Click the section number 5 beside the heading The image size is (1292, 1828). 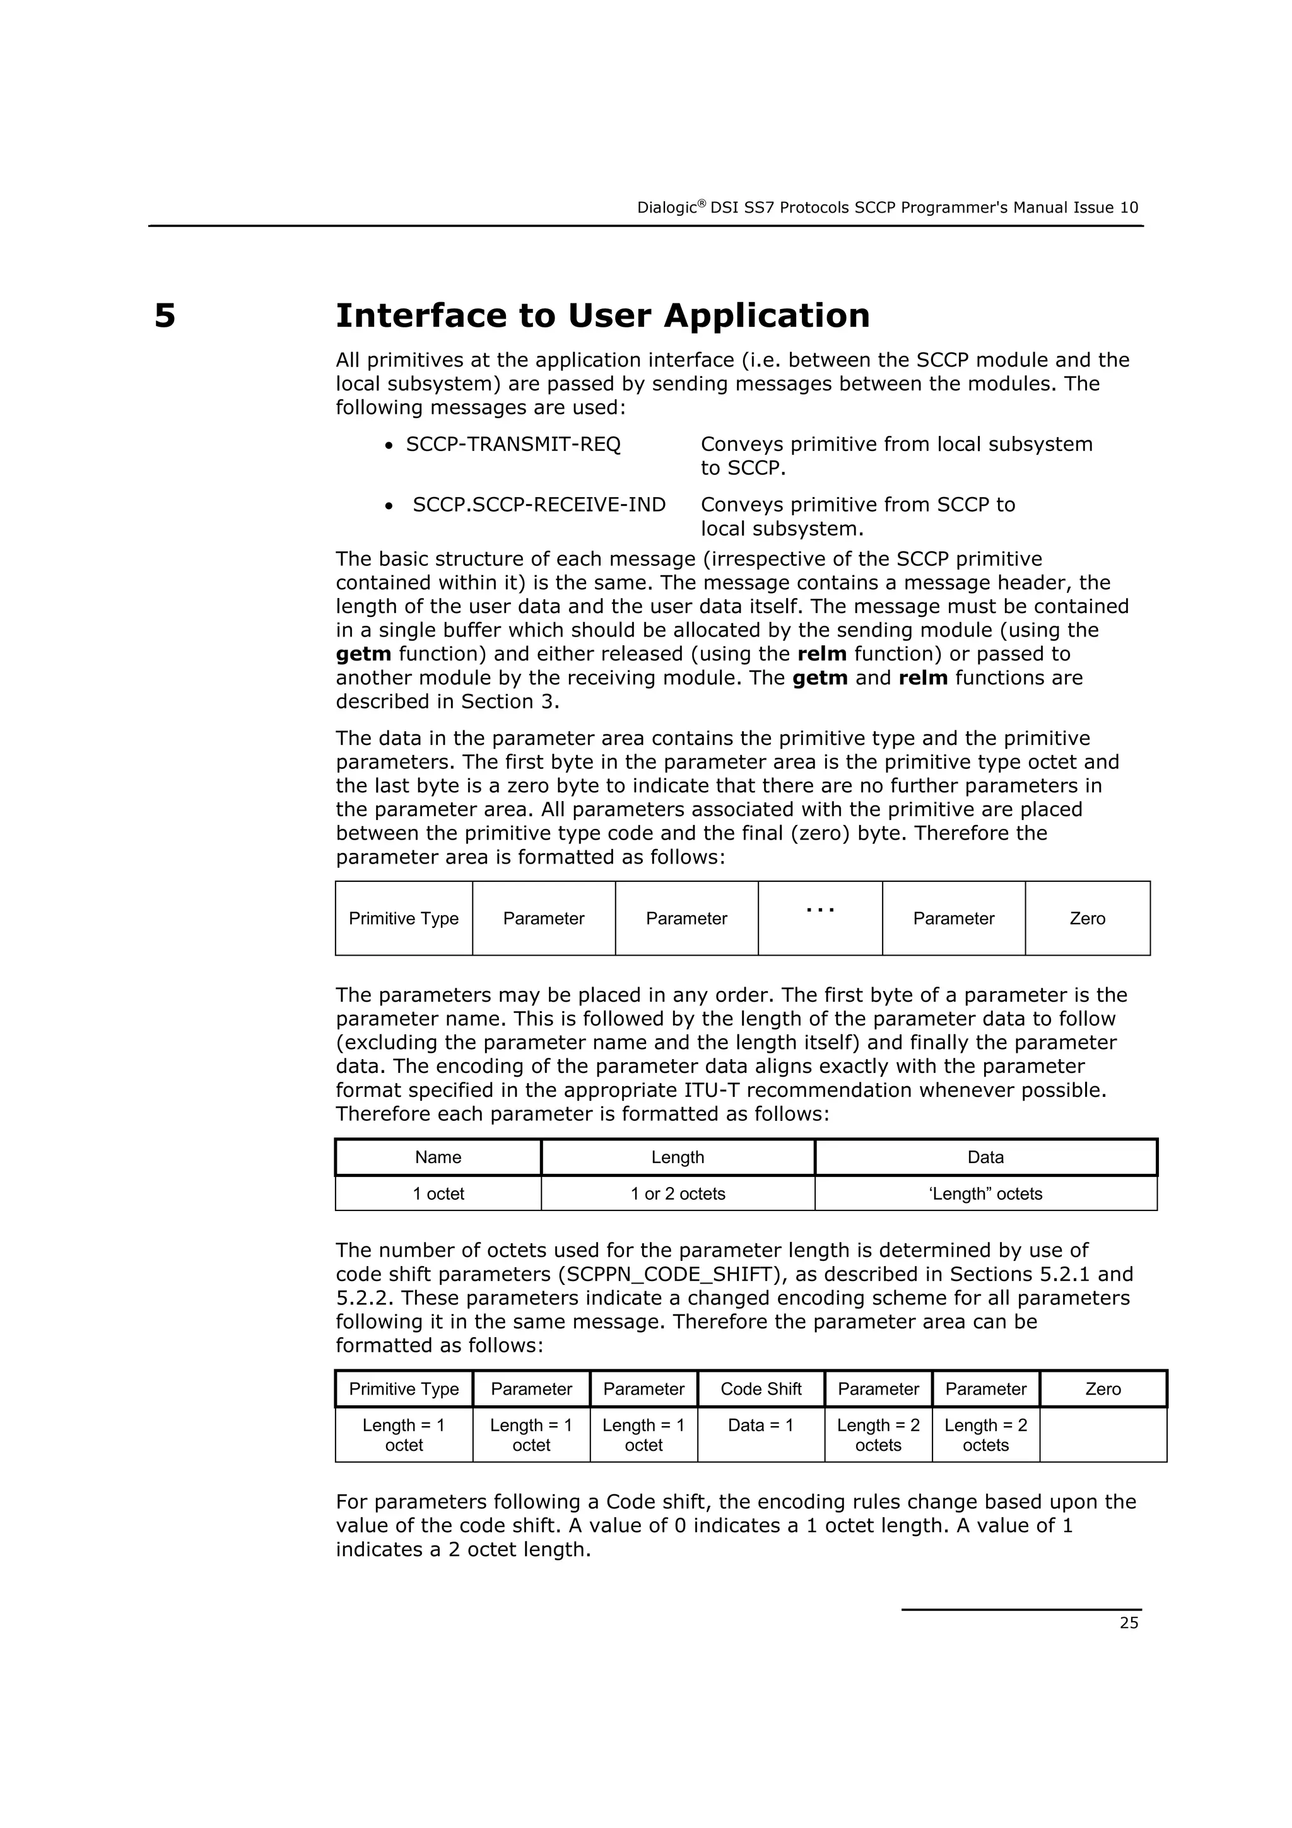164,316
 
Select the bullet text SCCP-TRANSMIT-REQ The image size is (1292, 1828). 513,444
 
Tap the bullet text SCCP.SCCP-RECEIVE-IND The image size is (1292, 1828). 539,505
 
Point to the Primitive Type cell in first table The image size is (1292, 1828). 404,919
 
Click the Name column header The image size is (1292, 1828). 438,1157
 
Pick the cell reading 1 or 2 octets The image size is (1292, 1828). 678,1194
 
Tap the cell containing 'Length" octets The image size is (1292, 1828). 985,1194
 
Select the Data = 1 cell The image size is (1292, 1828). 760,1425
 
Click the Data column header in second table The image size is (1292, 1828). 985,1157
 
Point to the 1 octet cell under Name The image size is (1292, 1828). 438,1194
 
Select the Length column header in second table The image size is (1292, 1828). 678,1157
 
